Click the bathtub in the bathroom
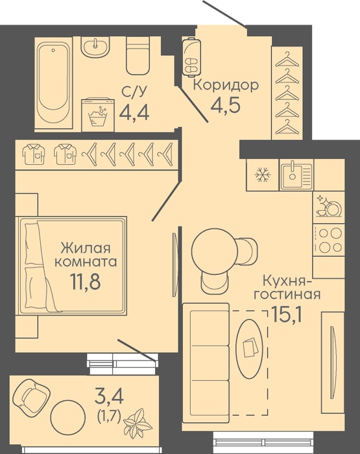53,82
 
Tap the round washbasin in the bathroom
95,46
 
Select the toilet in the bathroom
138,55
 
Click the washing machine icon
98,115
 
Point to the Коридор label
226,86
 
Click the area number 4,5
226,105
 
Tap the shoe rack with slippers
191,57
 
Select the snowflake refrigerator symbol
263,174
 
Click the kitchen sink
296,175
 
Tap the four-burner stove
329,240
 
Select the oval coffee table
250,349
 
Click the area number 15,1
287,315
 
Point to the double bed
73,265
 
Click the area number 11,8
85,281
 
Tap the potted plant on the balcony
138,422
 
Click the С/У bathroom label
134,92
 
